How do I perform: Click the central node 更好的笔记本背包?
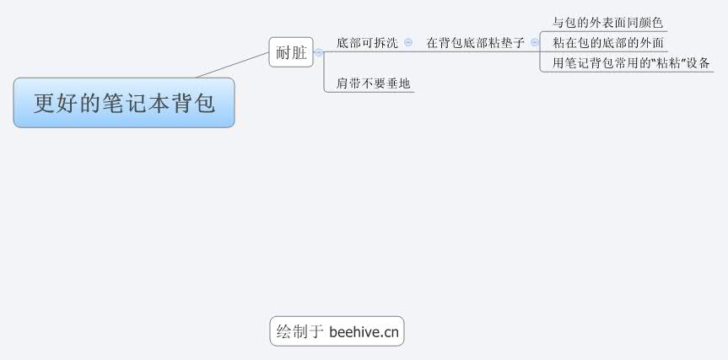(x=123, y=103)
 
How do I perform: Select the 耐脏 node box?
(x=291, y=52)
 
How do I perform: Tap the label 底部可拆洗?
(x=366, y=42)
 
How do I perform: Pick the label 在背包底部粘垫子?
(x=475, y=42)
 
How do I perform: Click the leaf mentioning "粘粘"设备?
(x=624, y=62)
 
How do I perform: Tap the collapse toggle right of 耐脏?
(x=318, y=52)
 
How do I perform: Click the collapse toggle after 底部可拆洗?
(x=408, y=42)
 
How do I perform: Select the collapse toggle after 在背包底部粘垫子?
(x=534, y=42)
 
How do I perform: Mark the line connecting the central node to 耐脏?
(x=232, y=64)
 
